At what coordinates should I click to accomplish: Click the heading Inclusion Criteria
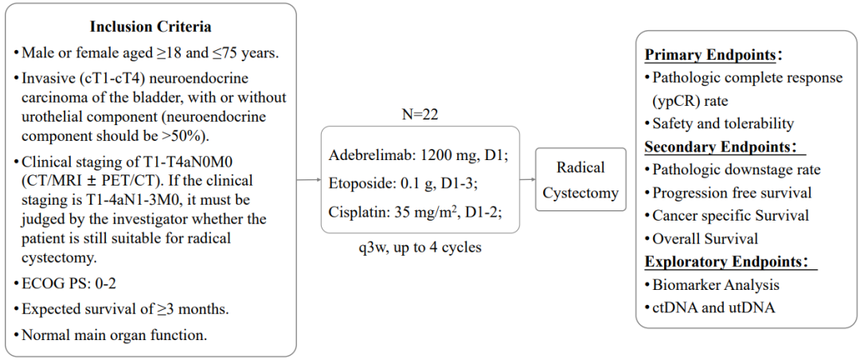[x=150, y=27]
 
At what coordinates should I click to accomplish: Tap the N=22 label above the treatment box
[x=419, y=115]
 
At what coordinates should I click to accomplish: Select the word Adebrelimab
[x=366, y=155]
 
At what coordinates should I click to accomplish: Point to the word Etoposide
[x=359, y=183]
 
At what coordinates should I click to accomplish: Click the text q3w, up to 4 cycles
[x=420, y=247]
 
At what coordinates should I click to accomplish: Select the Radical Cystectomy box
[x=580, y=179]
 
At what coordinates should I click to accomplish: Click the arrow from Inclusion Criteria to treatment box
[x=308, y=180]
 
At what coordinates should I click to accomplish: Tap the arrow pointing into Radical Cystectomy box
[x=527, y=180]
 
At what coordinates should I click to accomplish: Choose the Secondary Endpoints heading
[x=720, y=147]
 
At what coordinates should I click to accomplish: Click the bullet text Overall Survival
[x=705, y=238]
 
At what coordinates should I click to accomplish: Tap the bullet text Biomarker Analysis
[x=715, y=284]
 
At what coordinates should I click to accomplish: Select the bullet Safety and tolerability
[x=722, y=123]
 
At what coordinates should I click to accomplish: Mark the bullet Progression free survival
[x=732, y=193]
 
